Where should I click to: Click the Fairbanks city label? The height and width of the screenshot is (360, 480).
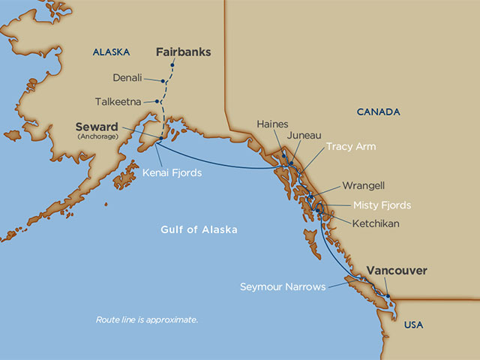(x=183, y=52)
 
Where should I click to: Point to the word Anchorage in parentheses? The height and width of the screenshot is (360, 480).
(x=98, y=136)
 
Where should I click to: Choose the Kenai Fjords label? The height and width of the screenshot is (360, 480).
(x=172, y=172)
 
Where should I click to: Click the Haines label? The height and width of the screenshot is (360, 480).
(x=271, y=124)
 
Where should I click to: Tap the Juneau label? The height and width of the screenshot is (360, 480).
(x=304, y=135)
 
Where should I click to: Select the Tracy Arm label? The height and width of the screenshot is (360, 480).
(x=351, y=146)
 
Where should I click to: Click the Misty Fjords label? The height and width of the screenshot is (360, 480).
(x=382, y=205)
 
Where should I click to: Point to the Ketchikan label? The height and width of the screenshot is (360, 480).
(x=375, y=223)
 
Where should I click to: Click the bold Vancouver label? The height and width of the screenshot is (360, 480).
(x=397, y=270)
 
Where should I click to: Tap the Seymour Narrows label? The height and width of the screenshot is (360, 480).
(x=283, y=286)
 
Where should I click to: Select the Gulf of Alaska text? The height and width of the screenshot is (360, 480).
(x=199, y=229)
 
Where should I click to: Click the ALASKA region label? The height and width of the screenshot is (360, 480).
(x=111, y=52)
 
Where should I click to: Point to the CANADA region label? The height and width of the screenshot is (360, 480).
(x=378, y=112)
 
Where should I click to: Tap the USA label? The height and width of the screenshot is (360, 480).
(x=413, y=325)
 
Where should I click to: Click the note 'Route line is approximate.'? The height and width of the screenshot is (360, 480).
(x=147, y=319)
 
